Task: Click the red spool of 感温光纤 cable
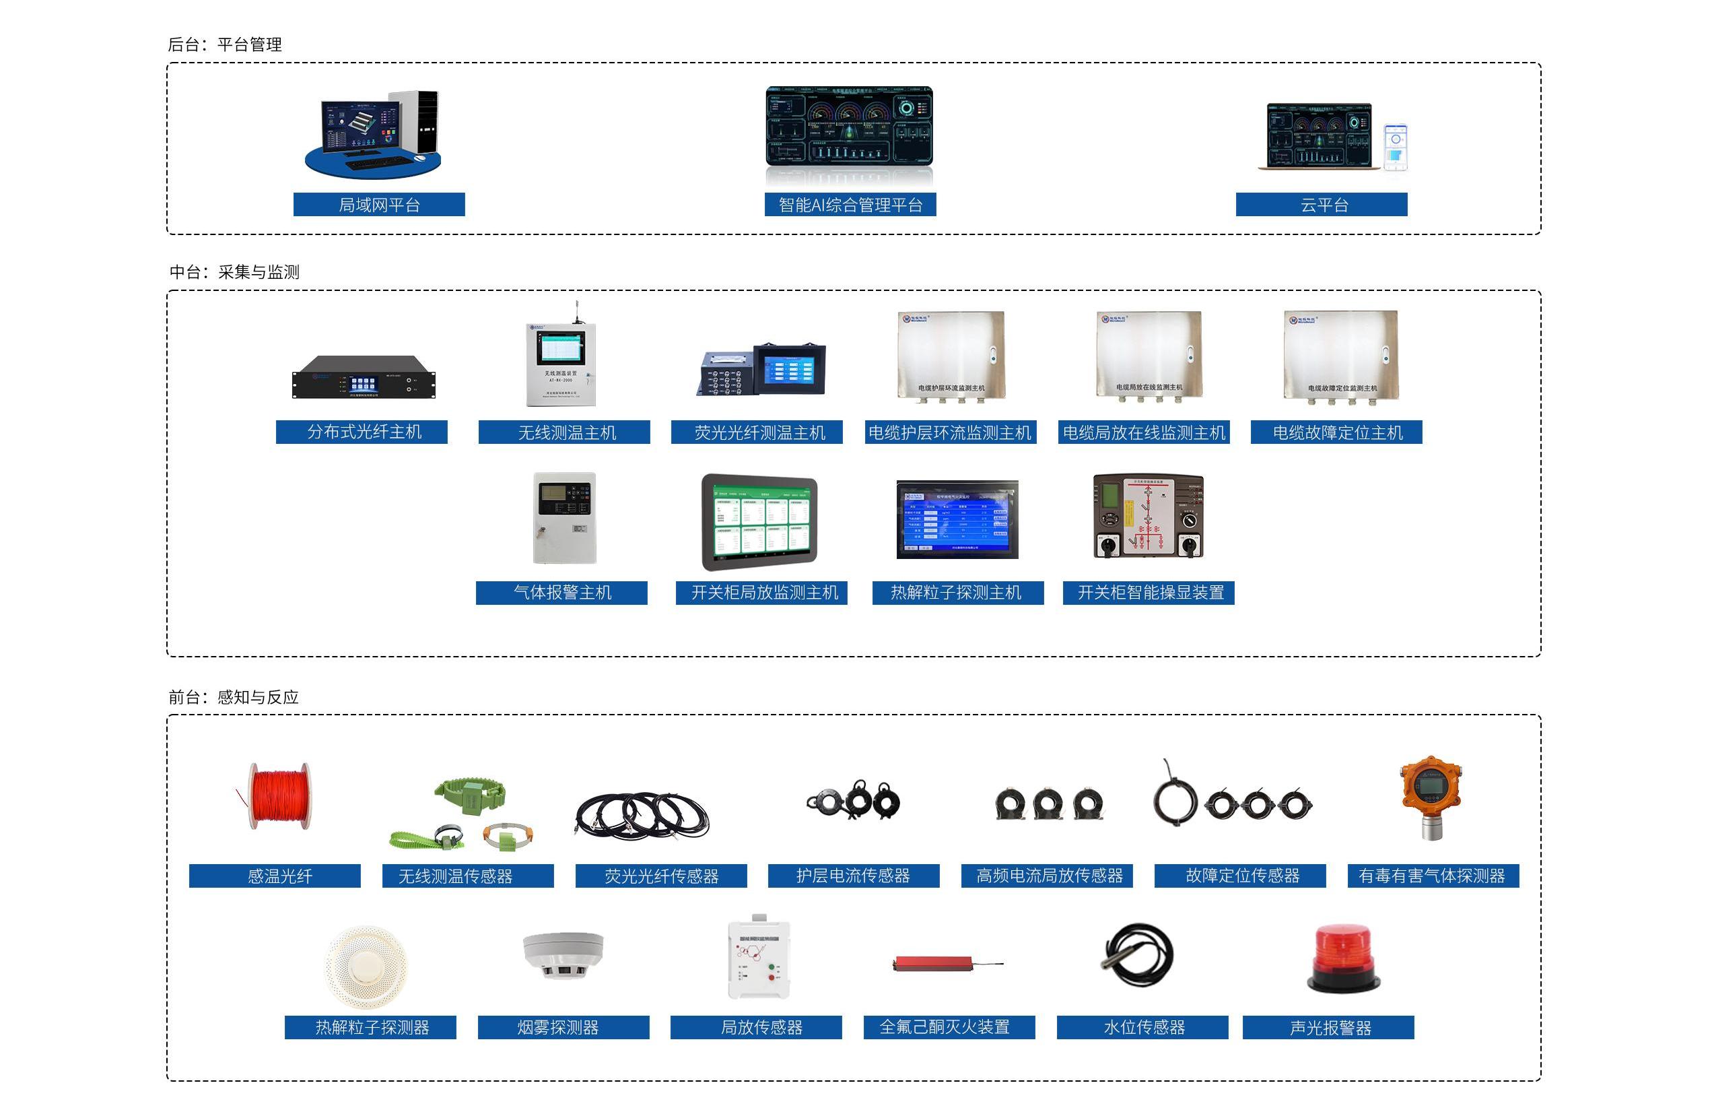pyautogui.click(x=279, y=795)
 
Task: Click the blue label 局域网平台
pyautogui.click(x=378, y=205)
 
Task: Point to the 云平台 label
pyautogui.click(x=1322, y=205)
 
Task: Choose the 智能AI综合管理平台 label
pyautogui.click(x=850, y=205)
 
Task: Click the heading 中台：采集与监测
pyautogui.click(x=234, y=272)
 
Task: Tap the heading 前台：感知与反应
pyautogui.click(x=234, y=697)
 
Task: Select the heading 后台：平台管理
pyautogui.click(x=225, y=44)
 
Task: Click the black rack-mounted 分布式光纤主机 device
pyautogui.click(x=364, y=377)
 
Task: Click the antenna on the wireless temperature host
pyautogui.click(x=576, y=312)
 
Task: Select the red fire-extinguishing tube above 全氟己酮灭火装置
pyautogui.click(x=932, y=963)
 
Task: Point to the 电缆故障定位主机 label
pyautogui.click(x=1336, y=432)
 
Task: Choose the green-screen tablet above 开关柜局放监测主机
pyautogui.click(x=760, y=522)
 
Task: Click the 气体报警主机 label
pyautogui.click(x=562, y=593)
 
